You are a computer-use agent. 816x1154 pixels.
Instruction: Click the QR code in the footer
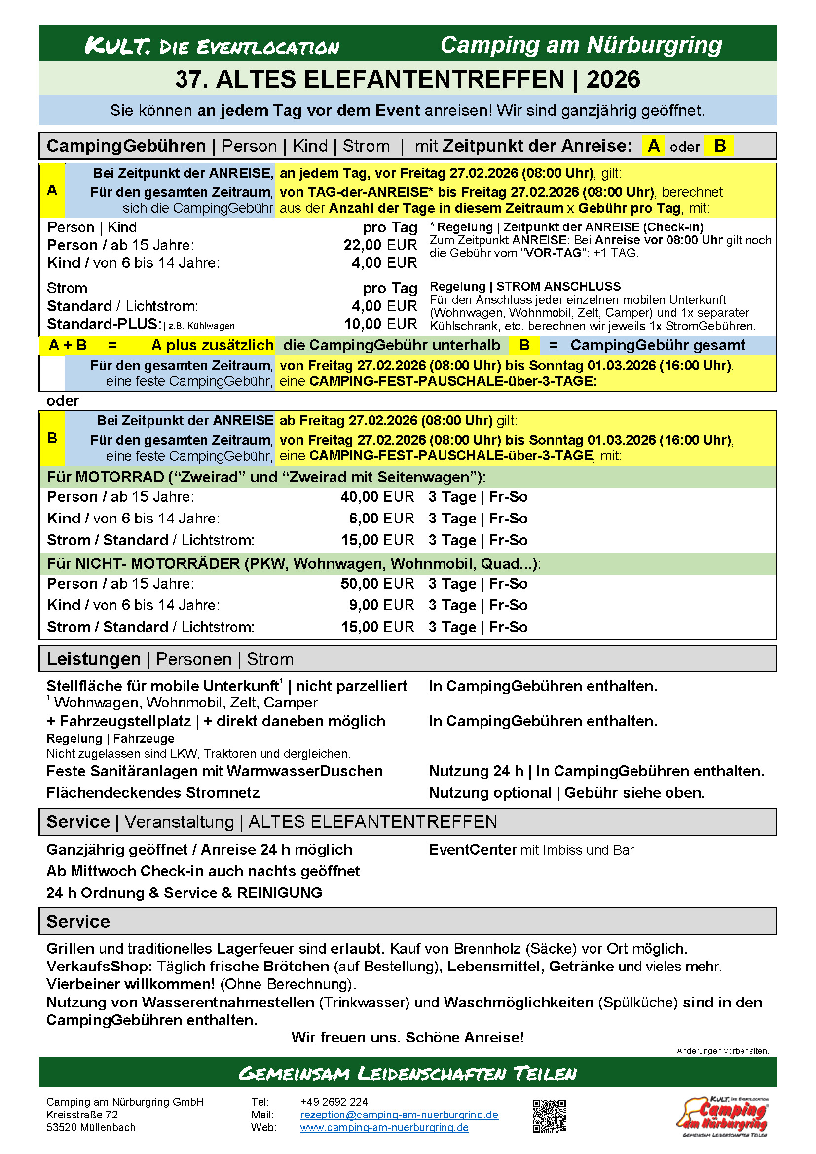(549, 1116)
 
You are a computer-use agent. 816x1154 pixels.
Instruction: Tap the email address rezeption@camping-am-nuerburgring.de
(399, 1115)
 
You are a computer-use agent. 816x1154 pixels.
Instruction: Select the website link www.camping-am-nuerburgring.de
(384, 1127)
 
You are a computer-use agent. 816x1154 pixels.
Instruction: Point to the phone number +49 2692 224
(334, 1102)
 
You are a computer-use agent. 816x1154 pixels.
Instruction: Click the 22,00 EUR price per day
(380, 245)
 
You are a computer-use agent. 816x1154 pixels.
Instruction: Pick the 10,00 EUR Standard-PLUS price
(380, 324)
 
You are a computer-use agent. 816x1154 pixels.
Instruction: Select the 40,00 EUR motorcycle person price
(377, 497)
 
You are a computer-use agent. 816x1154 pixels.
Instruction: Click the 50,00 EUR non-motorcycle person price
(377, 584)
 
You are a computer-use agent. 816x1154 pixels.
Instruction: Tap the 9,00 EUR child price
(381, 605)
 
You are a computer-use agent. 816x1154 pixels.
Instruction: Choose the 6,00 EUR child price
(381, 518)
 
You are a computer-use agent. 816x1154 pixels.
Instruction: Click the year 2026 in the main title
(613, 79)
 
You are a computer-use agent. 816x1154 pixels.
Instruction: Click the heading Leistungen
(93, 659)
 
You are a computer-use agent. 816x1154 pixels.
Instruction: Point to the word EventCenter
(472, 850)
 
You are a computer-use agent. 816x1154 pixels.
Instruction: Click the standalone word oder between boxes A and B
(62, 401)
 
